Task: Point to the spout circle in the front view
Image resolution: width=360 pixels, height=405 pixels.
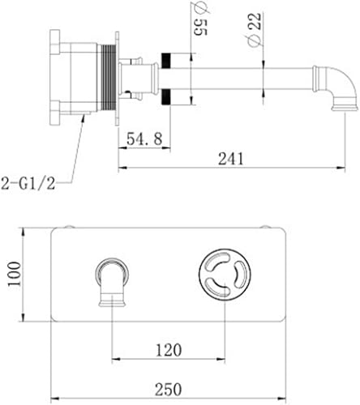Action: (112, 271)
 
